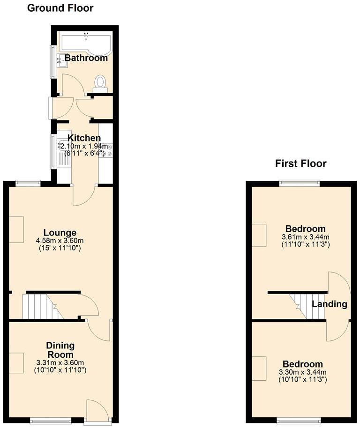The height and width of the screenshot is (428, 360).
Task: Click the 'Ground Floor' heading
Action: click(x=60, y=8)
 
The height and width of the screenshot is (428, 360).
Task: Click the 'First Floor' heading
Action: click(x=300, y=163)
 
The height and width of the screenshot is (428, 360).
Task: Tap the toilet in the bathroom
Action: click(x=100, y=83)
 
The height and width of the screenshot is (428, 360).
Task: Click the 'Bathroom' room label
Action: click(x=86, y=59)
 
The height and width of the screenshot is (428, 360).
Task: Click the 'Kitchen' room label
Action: click(x=84, y=138)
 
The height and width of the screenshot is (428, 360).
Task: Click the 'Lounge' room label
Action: click(x=60, y=233)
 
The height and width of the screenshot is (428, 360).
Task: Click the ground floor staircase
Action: click(x=42, y=306)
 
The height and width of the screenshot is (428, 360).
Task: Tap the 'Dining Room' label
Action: click(x=60, y=350)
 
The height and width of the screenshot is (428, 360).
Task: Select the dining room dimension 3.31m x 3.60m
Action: click(x=60, y=362)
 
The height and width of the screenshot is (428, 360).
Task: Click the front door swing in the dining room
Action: click(x=97, y=409)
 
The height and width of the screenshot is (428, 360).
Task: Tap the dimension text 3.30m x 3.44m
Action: click(x=302, y=372)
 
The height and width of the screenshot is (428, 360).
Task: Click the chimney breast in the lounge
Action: click(x=16, y=229)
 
